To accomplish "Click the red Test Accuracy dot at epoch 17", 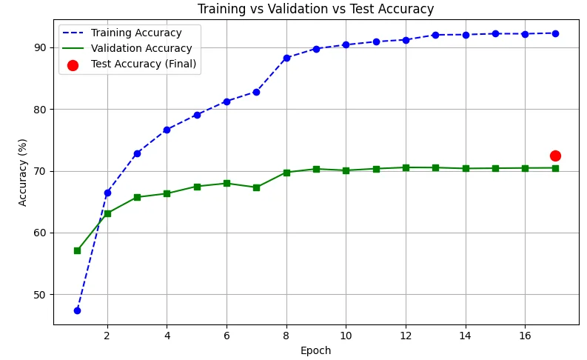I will (x=555, y=156).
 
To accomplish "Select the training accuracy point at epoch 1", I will (x=77, y=310).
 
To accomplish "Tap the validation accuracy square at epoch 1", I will (x=77, y=250).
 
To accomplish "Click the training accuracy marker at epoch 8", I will (x=286, y=58).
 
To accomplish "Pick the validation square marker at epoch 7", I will (x=256, y=187).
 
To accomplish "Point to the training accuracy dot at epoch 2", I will (x=107, y=193).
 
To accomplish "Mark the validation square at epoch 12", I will (x=406, y=167).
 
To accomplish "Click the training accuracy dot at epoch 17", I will (x=555, y=33).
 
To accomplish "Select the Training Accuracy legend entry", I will (x=135, y=33).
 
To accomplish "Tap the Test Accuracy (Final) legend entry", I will (x=143, y=64).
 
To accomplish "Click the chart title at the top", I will (x=315, y=9).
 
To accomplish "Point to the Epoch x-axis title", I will (x=315, y=350).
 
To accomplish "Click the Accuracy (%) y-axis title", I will (x=23, y=172).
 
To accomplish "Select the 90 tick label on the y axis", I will (x=39, y=47).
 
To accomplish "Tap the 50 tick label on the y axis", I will (x=39, y=295).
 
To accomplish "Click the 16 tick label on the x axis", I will (x=525, y=335).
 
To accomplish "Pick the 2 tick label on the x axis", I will (x=107, y=335).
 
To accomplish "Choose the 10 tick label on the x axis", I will (x=346, y=335).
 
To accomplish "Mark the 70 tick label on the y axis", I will (x=39, y=171).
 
